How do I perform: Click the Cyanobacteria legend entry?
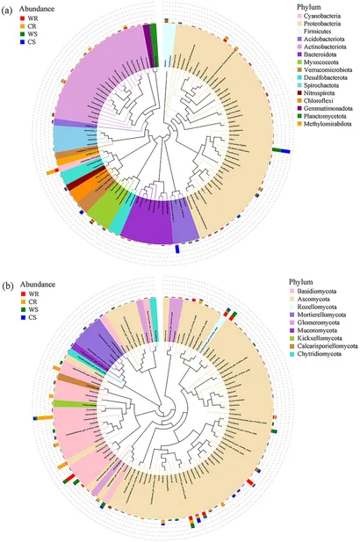[x=316, y=17]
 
